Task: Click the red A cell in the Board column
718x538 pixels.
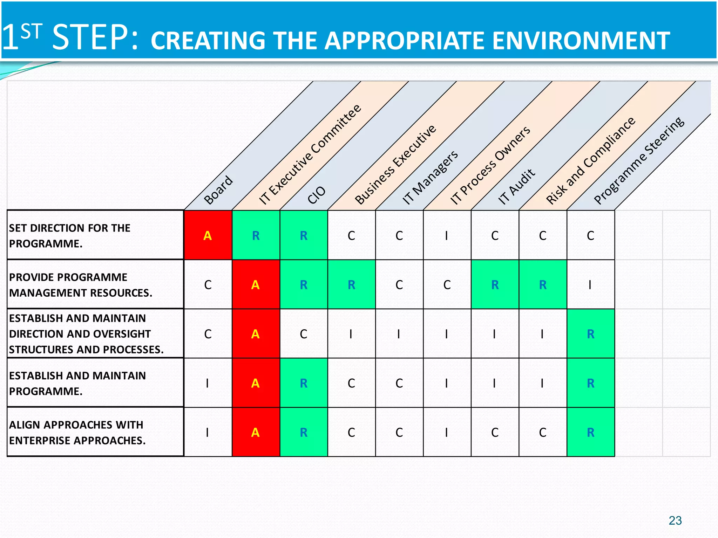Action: [x=208, y=235]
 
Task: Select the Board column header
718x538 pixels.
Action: [x=218, y=189]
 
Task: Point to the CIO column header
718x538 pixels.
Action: [x=316, y=195]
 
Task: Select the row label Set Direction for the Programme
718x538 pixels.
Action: [x=69, y=235]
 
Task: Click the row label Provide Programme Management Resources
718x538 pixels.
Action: [x=80, y=284]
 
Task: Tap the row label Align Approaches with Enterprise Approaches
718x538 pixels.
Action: [x=77, y=432]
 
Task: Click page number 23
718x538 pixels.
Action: [x=675, y=520]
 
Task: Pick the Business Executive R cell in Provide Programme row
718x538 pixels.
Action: [x=351, y=284]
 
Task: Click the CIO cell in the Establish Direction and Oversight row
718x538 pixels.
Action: [x=304, y=333]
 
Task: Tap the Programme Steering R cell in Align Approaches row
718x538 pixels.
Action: [x=590, y=432]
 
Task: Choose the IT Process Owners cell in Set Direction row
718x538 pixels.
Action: [x=447, y=235]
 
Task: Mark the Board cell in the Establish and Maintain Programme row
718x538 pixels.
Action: [x=208, y=383]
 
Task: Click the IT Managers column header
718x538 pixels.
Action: [x=430, y=177]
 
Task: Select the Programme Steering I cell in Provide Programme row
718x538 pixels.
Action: [x=590, y=284]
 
